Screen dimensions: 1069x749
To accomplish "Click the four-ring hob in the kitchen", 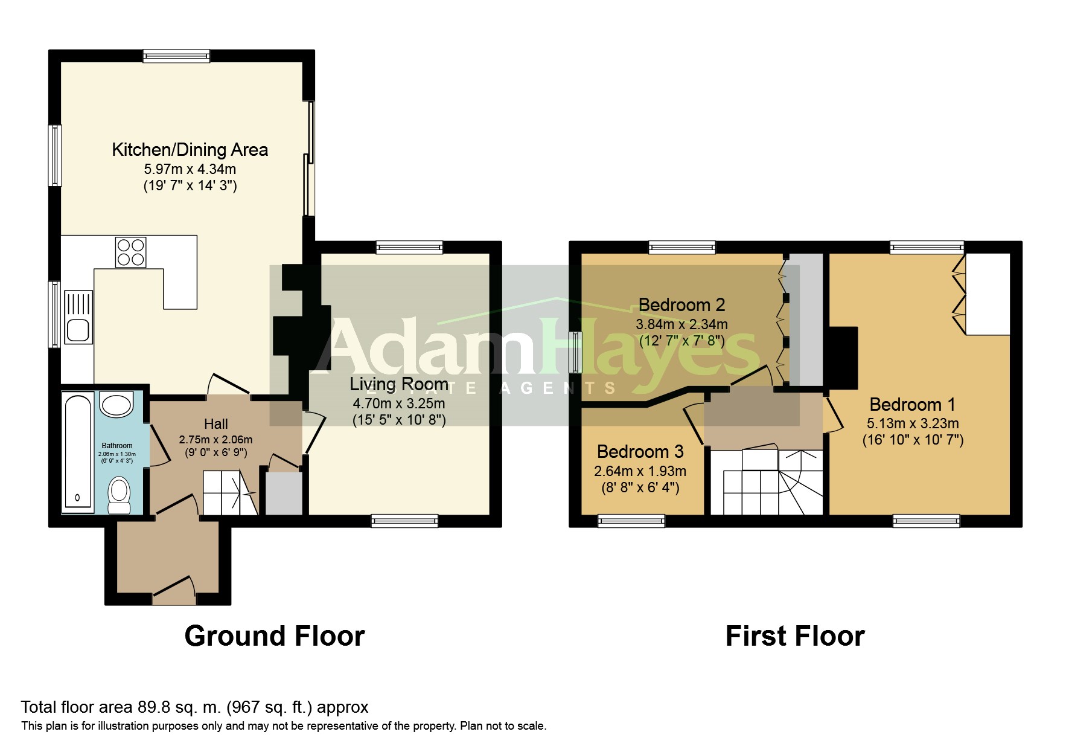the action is click(x=130, y=251).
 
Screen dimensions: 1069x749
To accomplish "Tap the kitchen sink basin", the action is click(x=78, y=330).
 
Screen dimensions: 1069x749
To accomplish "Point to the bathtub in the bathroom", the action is click(x=78, y=452).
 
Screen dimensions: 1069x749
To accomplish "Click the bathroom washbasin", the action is click(x=116, y=403).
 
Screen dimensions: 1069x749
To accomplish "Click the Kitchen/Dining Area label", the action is click(x=190, y=149).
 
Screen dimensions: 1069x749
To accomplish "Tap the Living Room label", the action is click(x=399, y=384).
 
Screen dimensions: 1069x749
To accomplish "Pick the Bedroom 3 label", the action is click(x=640, y=451).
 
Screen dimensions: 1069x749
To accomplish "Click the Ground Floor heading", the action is click(x=275, y=635).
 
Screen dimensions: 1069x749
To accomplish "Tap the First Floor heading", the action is click(x=795, y=635).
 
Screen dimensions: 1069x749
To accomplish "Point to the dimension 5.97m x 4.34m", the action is click(x=190, y=169).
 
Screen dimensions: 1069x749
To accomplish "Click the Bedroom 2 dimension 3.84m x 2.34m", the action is click(x=682, y=324).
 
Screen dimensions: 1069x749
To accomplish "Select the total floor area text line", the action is click(x=194, y=707).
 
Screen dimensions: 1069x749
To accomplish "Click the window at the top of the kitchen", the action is click(x=176, y=56).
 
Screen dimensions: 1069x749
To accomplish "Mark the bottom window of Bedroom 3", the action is click(x=631, y=521).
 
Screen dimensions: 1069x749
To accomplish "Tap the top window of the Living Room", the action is click(x=409, y=247).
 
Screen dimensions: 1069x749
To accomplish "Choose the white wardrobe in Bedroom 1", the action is click(x=988, y=294).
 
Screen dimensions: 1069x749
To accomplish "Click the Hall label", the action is click(x=216, y=423).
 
